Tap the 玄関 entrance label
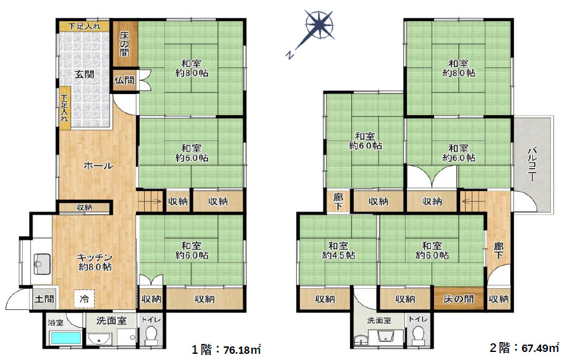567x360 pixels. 84,74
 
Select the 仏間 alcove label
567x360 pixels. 124,80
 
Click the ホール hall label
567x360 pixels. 98,166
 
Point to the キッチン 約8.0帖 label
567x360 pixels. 95,262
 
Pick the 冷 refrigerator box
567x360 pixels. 84,299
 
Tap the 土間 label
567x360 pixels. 45,299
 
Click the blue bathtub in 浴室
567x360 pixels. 66,338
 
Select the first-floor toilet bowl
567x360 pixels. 150,336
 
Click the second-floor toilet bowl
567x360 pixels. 419,336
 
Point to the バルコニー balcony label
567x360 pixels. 532,164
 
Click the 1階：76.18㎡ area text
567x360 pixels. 226,349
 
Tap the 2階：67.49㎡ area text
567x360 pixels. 524,348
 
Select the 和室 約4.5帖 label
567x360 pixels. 338,251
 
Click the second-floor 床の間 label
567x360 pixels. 459,299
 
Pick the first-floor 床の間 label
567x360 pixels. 124,44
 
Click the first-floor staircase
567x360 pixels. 150,201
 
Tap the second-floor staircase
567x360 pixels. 472,201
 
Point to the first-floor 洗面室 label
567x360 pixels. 111,320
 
